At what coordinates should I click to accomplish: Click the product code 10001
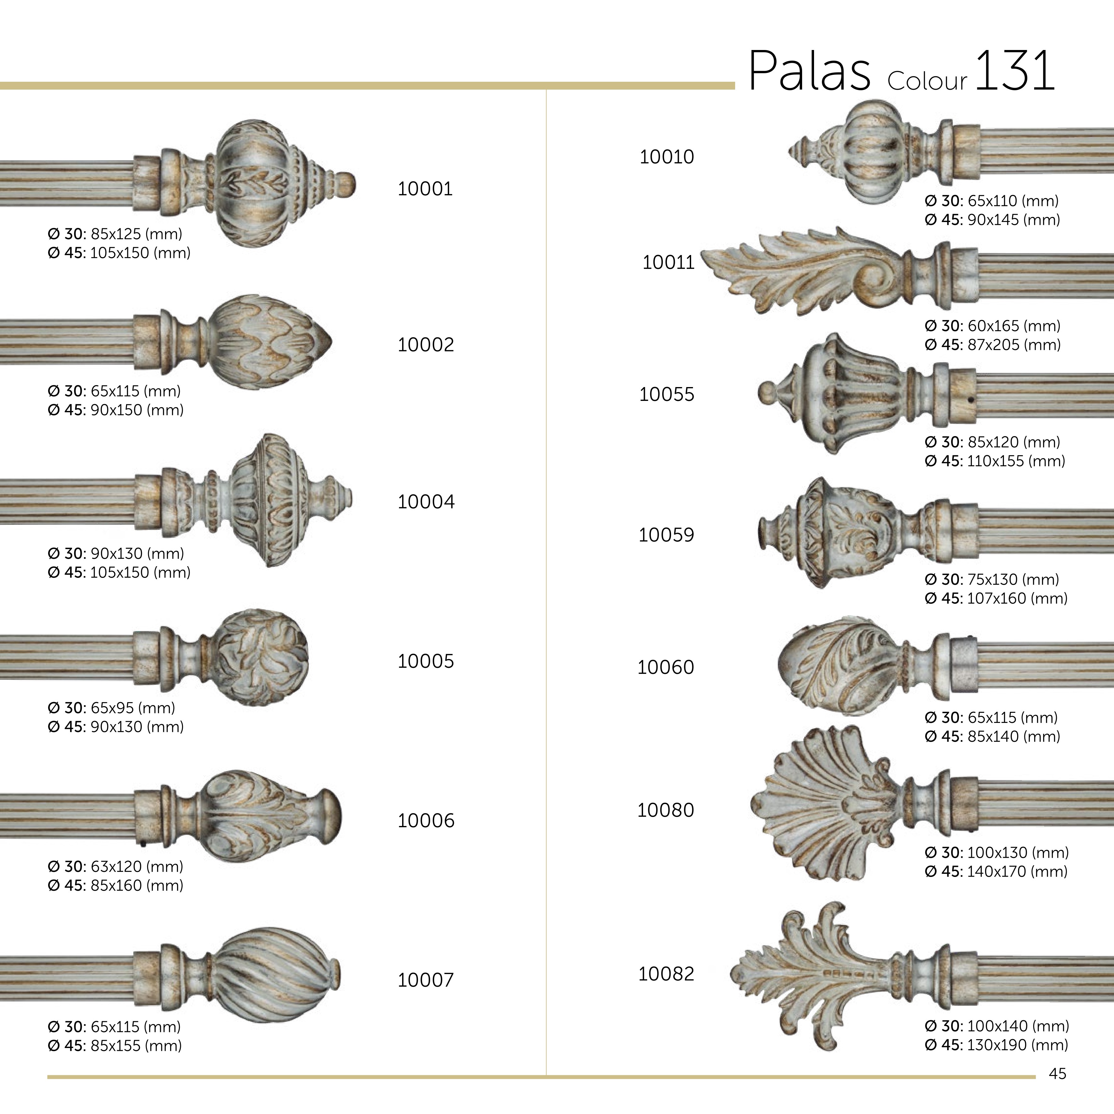coord(425,189)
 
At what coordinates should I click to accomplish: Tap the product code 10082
coord(666,974)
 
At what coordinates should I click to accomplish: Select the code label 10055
coord(667,394)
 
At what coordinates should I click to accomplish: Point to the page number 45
coord(1057,1074)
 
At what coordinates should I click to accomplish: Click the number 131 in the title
coord(1015,71)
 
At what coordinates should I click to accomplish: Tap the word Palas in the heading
coord(809,71)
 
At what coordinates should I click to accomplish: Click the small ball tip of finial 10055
coord(767,392)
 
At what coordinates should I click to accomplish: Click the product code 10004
coord(425,502)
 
